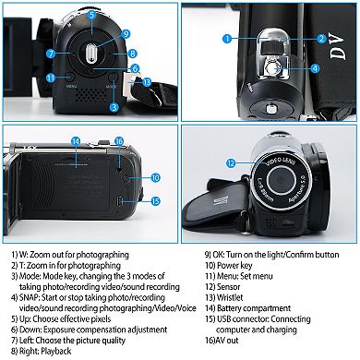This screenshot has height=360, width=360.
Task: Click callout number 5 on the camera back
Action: tap(90, 17)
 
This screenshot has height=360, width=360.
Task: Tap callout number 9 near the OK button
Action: tap(125, 35)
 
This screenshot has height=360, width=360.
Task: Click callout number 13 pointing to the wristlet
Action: tap(147, 82)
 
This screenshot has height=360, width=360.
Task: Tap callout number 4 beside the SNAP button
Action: tap(314, 67)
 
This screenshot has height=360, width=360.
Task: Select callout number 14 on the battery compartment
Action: tap(75, 141)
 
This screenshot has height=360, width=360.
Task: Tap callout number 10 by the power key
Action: tap(155, 175)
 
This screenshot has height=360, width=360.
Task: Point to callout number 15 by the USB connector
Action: tap(155, 200)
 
